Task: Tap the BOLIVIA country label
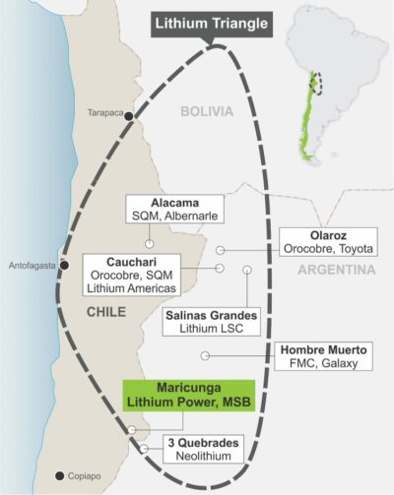coord(207,112)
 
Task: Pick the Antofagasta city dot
coord(64,265)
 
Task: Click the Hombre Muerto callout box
coord(325,356)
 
